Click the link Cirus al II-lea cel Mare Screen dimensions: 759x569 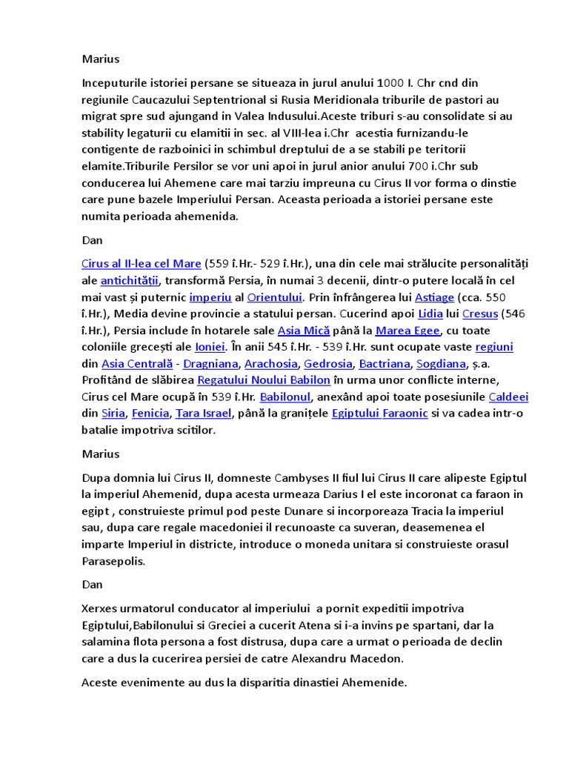pyautogui.click(x=142, y=263)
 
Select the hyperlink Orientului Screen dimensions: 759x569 pyautogui.click(x=274, y=297)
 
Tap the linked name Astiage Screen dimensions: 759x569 pyautogui.click(x=434, y=297)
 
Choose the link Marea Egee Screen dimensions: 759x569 pyautogui.click(x=407, y=331)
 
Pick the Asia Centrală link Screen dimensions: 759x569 pyautogui.click(x=137, y=364)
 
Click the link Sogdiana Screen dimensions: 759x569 pyautogui.click(x=441, y=364)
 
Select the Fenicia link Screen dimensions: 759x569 pyautogui.click(x=150, y=414)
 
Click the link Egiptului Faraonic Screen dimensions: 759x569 pyautogui.click(x=379, y=414)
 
